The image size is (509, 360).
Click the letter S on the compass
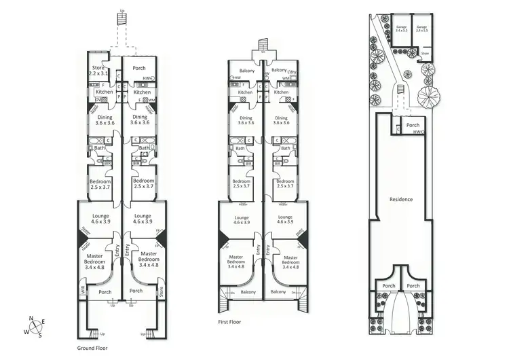[x=40, y=335]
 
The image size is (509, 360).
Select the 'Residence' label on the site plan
[x=402, y=199]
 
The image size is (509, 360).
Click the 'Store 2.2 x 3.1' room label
[x=98, y=70]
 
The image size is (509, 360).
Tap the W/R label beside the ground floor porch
[x=83, y=289]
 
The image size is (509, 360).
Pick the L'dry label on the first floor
[x=293, y=71]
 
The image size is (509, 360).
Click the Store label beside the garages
[x=425, y=52]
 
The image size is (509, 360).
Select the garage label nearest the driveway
[x=401, y=28]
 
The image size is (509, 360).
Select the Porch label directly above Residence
[x=412, y=126]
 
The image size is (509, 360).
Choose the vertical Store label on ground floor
[x=162, y=293]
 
